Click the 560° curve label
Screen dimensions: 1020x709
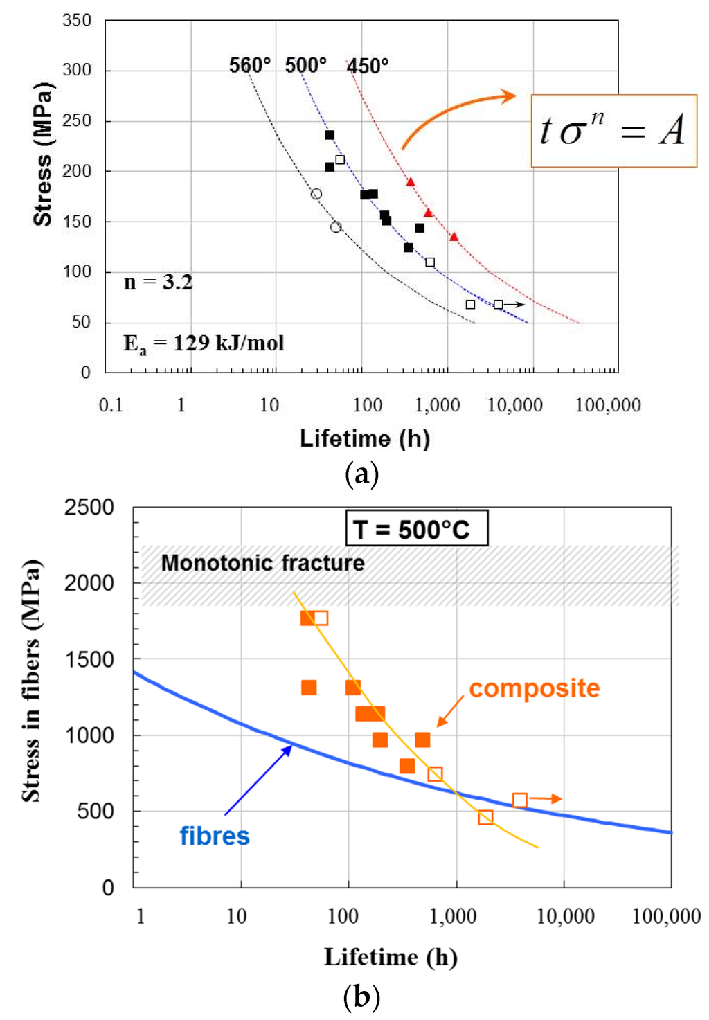[x=249, y=65]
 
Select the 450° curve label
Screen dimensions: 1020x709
[x=368, y=66]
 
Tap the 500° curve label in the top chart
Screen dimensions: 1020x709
[x=305, y=65]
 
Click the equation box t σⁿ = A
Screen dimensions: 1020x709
[x=613, y=131]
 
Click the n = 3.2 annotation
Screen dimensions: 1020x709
[x=158, y=283]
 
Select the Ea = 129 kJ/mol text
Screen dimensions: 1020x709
[x=204, y=343]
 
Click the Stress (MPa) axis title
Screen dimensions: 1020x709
[x=43, y=154]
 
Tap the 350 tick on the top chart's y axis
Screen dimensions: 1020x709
[x=77, y=21]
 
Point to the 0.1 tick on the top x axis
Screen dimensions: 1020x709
[x=111, y=405]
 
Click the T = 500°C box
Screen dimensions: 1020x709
[x=417, y=529]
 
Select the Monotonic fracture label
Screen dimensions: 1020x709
[x=262, y=563]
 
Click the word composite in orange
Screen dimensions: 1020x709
[x=534, y=688]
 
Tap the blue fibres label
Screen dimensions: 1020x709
[x=215, y=836]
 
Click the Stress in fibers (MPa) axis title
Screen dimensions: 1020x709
[x=31, y=680]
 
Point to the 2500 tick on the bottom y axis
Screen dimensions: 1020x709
[x=89, y=508]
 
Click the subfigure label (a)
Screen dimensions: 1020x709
[x=361, y=474]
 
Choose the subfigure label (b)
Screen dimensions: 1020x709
[x=361, y=997]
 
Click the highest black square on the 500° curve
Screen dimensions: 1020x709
[x=330, y=135]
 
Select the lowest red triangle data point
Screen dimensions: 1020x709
[x=454, y=237]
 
